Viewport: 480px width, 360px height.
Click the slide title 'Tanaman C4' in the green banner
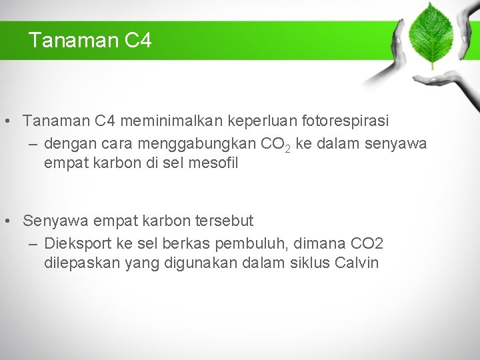click(90, 41)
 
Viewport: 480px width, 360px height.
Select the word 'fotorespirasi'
click(344, 121)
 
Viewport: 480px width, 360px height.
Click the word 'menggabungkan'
click(198, 143)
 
